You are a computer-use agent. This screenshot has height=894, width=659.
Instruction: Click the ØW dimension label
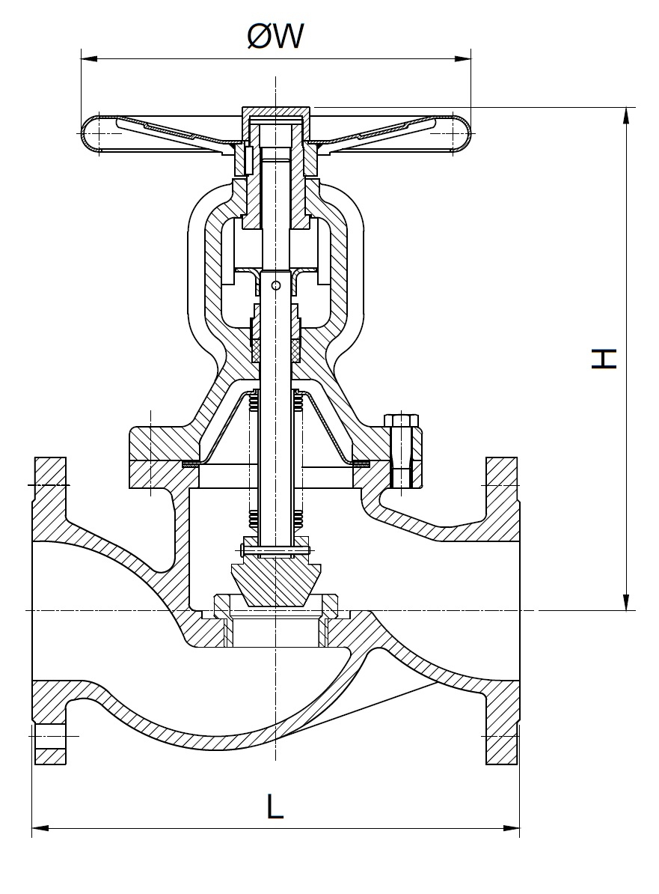pos(275,35)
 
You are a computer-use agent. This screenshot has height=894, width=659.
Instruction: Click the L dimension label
pos(275,806)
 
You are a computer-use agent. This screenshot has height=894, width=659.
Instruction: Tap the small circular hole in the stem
pos(276,285)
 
